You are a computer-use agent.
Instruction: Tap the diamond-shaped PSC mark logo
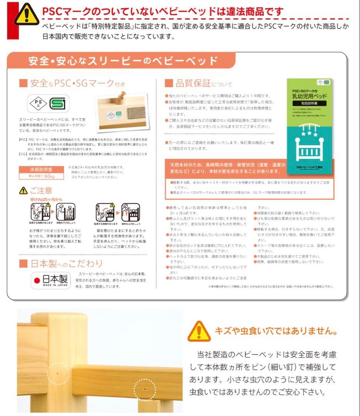pos(38,103)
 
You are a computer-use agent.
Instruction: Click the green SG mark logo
pos(59,103)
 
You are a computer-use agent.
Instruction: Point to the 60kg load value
pos(49,176)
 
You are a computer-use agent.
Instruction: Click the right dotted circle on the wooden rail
pos(144,389)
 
